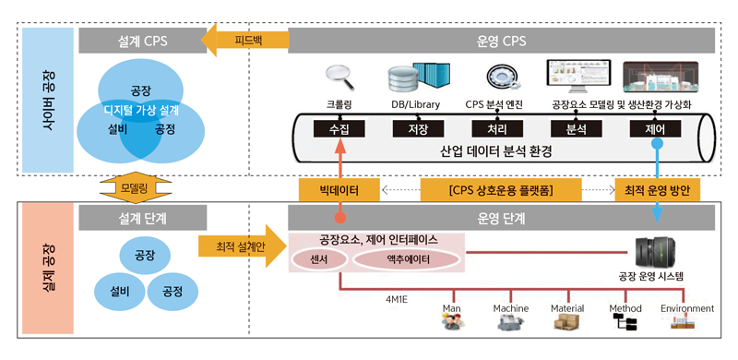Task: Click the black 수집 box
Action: pyautogui.click(x=339, y=128)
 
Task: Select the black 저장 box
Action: pyautogui.click(x=418, y=128)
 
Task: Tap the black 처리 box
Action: pyautogui.click(x=497, y=128)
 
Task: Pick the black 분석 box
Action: pyautogui.click(x=575, y=128)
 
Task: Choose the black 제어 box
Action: pyautogui.click(x=655, y=128)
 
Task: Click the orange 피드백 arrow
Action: pyautogui.click(x=244, y=40)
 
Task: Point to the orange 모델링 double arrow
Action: pyautogui.click(x=135, y=188)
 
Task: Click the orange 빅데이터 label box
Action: pyautogui.click(x=339, y=191)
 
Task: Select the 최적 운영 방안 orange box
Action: pyautogui.click(x=658, y=191)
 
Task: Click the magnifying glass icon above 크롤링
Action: pyautogui.click(x=339, y=78)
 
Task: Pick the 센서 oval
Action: pyautogui.click(x=319, y=259)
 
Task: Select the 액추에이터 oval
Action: pyautogui.click(x=405, y=259)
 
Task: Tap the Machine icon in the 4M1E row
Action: pyautogui.click(x=511, y=323)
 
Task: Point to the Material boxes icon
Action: pyautogui.click(x=567, y=323)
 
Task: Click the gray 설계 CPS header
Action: pyautogui.click(x=143, y=41)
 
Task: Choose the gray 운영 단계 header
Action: pyautogui.click(x=501, y=218)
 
